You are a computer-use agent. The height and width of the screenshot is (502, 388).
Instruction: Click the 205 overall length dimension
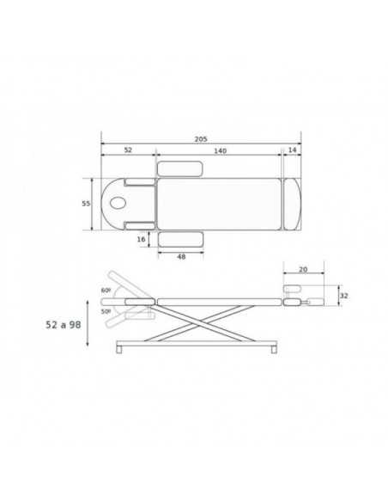tap(201, 139)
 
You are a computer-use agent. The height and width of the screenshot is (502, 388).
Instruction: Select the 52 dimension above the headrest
tap(128, 150)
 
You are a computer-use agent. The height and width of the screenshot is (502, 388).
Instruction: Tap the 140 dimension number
tap(220, 150)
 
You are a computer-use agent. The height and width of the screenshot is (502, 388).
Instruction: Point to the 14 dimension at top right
tap(293, 150)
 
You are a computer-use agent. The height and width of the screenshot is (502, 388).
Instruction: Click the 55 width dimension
tap(86, 204)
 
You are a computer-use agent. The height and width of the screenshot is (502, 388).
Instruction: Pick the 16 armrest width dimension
tap(142, 239)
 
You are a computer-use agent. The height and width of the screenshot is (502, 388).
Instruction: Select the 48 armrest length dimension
tap(181, 257)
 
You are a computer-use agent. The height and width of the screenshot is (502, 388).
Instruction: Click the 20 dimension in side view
tap(303, 270)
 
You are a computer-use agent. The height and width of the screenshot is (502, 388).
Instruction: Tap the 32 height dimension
tap(343, 296)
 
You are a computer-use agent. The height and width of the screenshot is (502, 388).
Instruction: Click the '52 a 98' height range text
tap(64, 325)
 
